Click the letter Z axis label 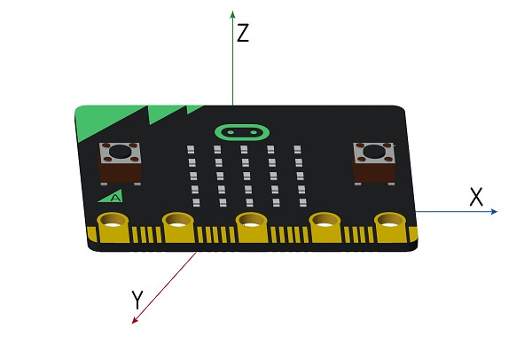(x=243, y=34)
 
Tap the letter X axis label (x=477, y=197)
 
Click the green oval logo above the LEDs (x=239, y=132)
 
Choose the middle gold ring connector (x=251, y=221)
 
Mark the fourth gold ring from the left (x=323, y=221)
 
